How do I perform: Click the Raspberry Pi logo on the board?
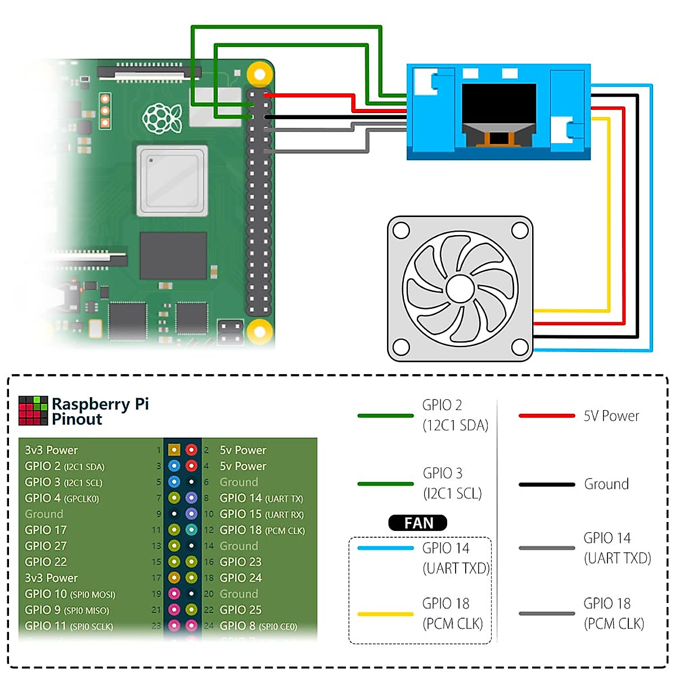(x=162, y=118)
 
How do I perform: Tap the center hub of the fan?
(x=460, y=289)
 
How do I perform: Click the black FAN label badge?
(x=418, y=523)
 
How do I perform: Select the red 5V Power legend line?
(x=546, y=416)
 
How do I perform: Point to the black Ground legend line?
(x=546, y=484)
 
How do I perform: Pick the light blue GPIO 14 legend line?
(x=385, y=548)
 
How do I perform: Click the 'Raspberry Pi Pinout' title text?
(x=100, y=411)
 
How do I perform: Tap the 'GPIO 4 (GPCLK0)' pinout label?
(x=62, y=498)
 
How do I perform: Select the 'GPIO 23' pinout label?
(x=240, y=562)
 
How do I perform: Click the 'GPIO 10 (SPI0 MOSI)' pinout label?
(x=70, y=594)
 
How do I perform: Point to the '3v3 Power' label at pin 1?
(x=51, y=450)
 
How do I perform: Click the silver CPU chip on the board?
(x=172, y=180)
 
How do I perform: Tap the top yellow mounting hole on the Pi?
(x=259, y=74)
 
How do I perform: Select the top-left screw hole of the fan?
(x=401, y=230)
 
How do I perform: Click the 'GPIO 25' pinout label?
(x=240, y=610)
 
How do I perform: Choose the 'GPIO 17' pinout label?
(x=46, y=530)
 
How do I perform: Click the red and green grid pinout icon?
(x=33, y=411)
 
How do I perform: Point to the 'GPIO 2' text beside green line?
(x=442, y=405)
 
